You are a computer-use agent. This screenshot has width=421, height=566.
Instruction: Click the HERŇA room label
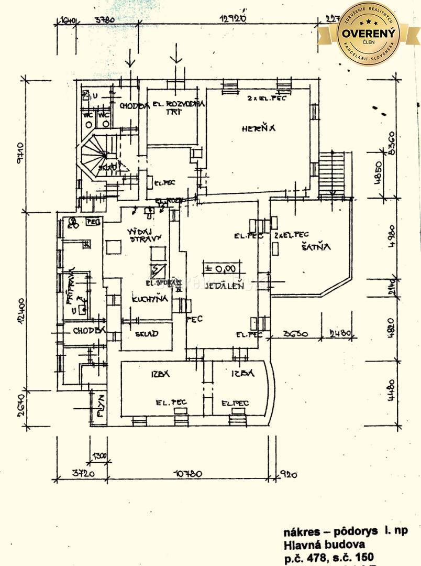pos(258,128)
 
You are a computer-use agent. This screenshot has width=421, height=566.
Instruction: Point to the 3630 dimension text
pos(295,334)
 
